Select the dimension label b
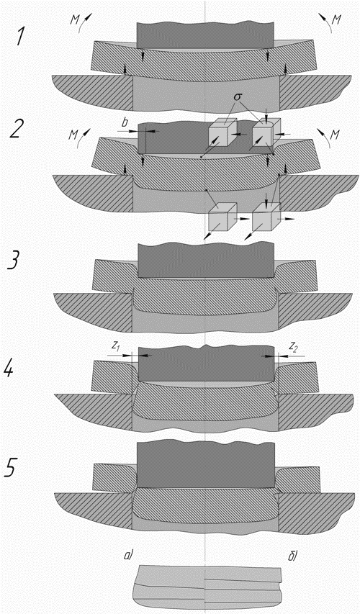pyautogui.click(x=125, y=123)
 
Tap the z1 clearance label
pyautogui.click(x=115, y=346)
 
